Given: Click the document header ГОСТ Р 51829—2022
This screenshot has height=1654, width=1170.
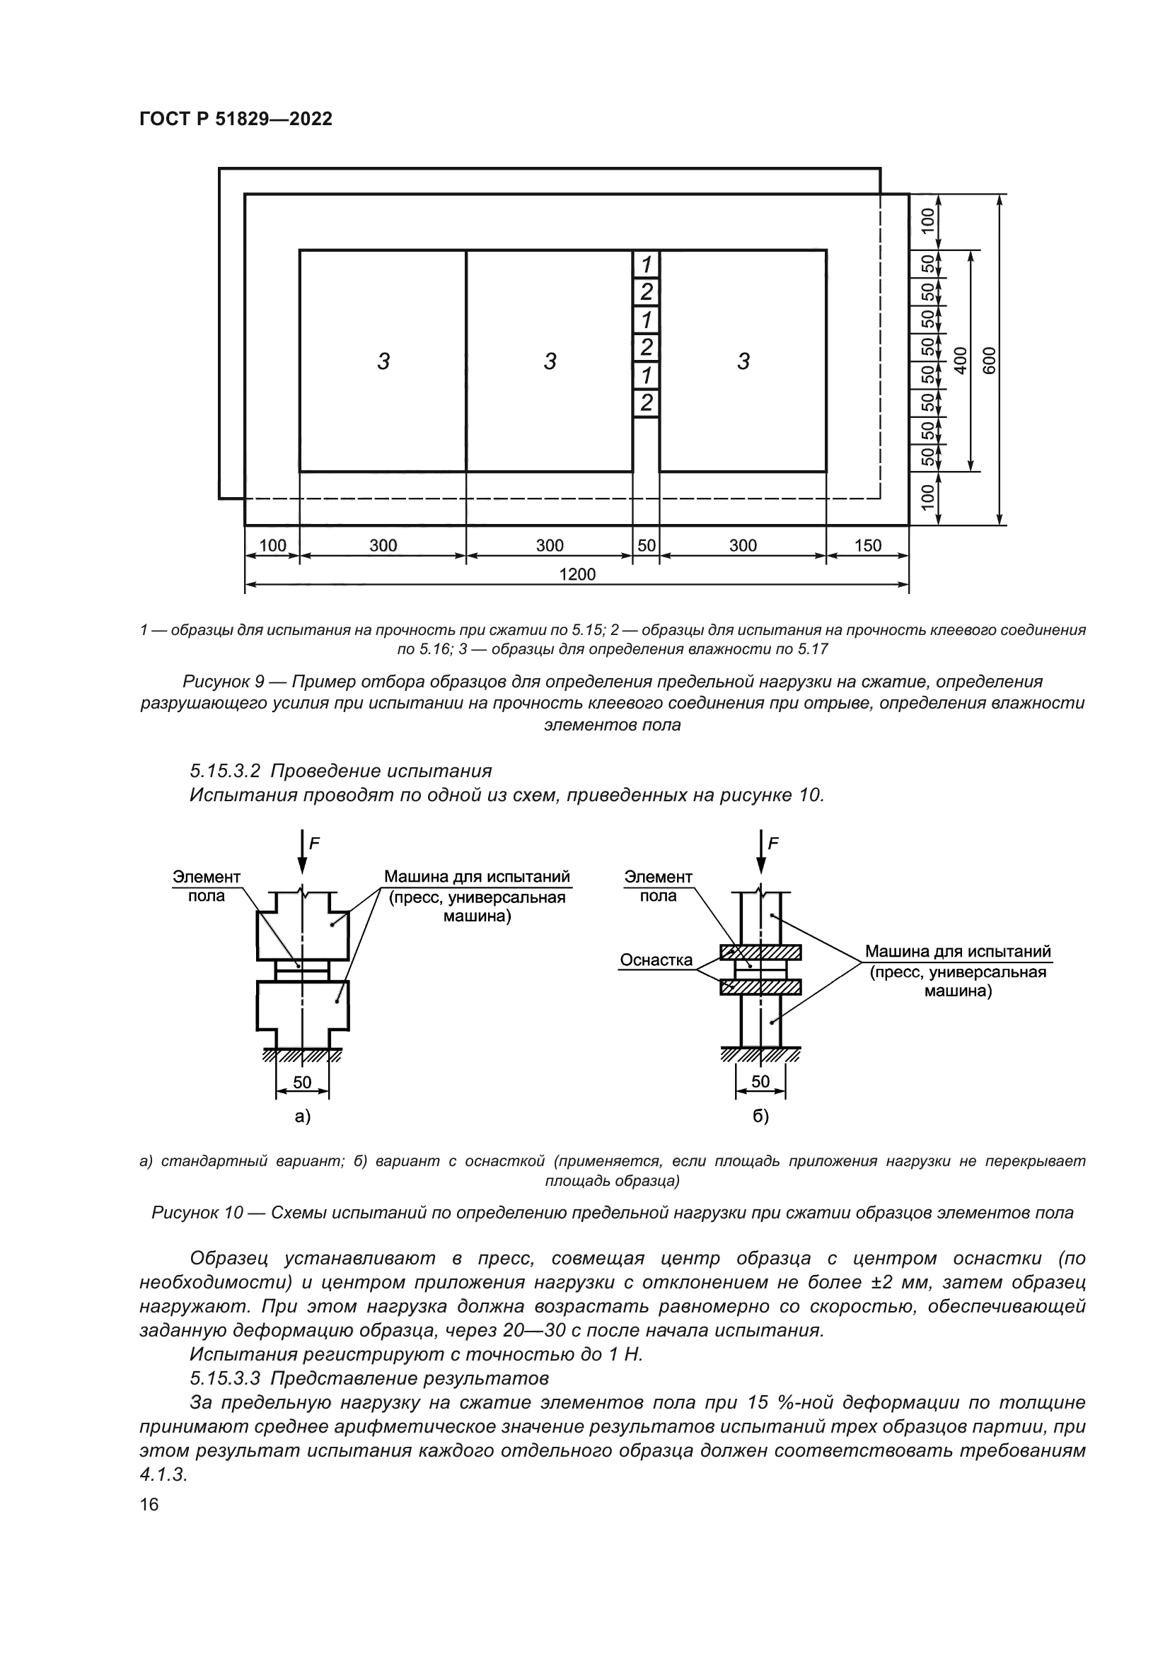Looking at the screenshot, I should [x=236, y=120].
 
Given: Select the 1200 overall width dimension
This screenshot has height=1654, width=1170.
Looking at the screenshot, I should [x=577, y=574].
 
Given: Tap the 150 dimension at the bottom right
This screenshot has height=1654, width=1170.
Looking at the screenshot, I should [x=867, y=545].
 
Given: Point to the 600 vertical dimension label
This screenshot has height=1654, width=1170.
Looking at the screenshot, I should [x=990, y=359].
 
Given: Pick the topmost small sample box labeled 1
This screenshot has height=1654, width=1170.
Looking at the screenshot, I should [x=647, y=264].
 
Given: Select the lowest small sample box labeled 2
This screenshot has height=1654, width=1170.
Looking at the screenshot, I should [x=647, y=402].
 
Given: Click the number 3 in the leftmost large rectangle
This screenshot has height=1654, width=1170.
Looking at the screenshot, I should [x=383, y=361].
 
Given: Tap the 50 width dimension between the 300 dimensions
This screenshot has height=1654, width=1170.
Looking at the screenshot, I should [x=647, y=545].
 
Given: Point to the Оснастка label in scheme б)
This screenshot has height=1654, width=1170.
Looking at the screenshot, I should [x=656, y=960].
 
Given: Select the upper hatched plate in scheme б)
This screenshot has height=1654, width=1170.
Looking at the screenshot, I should [x=760, y=953].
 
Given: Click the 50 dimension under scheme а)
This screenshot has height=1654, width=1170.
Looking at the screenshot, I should [x=302, y=1082].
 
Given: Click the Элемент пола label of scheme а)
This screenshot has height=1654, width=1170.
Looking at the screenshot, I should [x=207, y=886].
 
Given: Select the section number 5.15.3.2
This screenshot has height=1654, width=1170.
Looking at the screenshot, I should [x=225, y=771].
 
